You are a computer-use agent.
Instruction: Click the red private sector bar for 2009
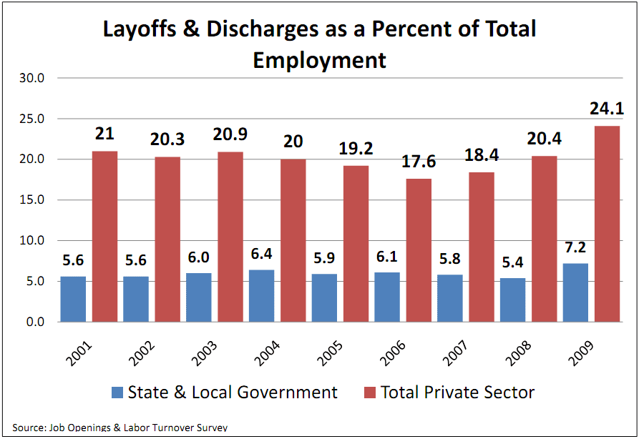pos(607,224)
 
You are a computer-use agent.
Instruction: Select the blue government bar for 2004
pos(261,296)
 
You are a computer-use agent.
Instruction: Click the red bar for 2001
pos(104,237)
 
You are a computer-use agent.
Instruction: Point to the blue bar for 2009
pos(575,292)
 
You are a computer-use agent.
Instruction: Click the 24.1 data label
pos(607,110)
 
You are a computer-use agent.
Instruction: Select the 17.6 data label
pos(418,162)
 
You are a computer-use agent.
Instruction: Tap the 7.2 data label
pos(575,248)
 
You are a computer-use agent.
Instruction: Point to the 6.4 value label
pos(261,255)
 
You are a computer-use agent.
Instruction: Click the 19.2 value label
pos(356,149)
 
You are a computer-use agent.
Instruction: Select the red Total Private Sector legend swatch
pos(369,393)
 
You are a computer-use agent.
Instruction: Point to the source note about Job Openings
pos(120,428)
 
